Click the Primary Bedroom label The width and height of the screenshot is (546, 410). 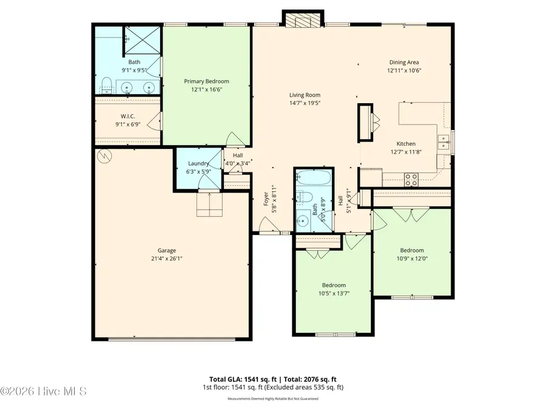(207, 81)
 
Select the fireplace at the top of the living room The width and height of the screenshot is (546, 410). (298, 21)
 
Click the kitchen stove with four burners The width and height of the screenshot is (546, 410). (411, 179)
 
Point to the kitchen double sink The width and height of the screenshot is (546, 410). (445, 143)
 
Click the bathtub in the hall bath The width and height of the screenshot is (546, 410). (314, 179)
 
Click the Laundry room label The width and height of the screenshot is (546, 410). (198, 163)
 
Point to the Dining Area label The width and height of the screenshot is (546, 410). (403, 62)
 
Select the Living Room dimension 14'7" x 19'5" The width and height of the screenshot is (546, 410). (305, 103)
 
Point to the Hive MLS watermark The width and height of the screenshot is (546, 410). (43, 391)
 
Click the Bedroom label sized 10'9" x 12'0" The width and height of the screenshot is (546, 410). (411, 250)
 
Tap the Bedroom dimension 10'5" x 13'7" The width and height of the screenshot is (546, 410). (334, 293)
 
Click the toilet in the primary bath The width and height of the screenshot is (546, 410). (106, 84)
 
